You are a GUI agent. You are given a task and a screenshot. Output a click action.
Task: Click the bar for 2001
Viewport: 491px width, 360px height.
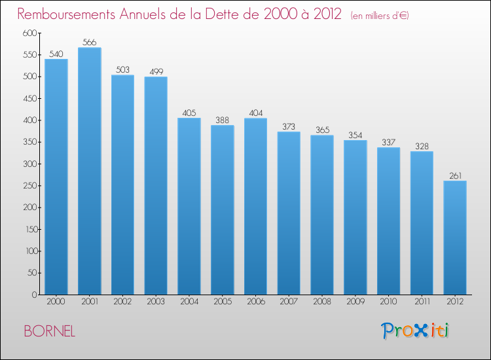coord(89,171)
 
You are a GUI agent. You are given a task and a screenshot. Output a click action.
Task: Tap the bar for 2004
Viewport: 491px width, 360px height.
coord(189,206)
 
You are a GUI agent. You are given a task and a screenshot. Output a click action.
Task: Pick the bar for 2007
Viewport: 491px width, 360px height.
coord(289,213)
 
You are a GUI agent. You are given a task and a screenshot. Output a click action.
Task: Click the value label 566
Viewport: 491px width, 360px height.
coord(89,43)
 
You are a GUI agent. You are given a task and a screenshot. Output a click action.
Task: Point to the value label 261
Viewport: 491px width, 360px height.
coord(455,175)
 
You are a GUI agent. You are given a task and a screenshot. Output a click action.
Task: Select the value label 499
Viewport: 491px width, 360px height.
coord(156,71)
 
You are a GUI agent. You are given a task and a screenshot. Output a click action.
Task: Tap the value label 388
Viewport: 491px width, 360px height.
coord(222,120)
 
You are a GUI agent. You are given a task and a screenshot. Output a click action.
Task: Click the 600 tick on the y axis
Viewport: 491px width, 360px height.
coord(29,33)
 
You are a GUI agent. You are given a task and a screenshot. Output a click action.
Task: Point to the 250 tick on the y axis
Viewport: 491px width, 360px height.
coord(29,186)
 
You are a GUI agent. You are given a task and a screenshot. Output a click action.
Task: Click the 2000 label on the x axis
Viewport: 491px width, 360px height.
coord(56,303)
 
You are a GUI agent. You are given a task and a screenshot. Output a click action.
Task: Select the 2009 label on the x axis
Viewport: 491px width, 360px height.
coord(355,303)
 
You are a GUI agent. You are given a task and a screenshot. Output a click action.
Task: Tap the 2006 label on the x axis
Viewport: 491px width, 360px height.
coord(255,303)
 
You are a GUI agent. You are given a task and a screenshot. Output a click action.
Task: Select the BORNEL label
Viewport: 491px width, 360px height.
coord(49,331)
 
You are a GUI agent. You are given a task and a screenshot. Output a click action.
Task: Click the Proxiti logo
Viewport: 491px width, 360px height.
coord(415,331)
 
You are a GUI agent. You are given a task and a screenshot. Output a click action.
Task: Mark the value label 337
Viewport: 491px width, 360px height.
coord(388,142)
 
